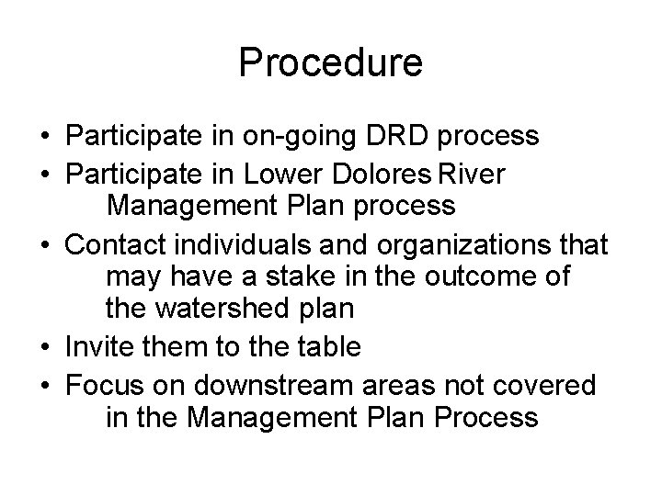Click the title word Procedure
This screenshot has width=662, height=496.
pos(331,63)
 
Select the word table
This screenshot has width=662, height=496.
pos(325,347)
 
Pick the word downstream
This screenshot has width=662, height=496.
pos(262,383)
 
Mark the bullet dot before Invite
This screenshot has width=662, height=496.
pos(46,348)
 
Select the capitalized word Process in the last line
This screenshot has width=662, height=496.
pos(484,418)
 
